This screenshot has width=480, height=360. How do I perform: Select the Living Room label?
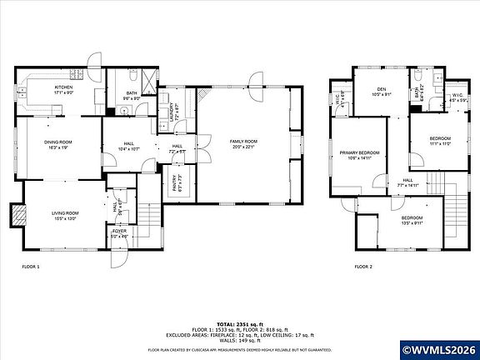[65, 216]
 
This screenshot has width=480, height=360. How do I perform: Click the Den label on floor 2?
[381, 92]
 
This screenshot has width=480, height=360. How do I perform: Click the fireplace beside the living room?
[17, 216]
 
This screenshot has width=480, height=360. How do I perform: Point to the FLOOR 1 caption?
[31, 267]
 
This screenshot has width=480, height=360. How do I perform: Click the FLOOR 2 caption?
[363, 267]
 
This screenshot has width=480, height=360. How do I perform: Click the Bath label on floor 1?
[132, 96]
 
